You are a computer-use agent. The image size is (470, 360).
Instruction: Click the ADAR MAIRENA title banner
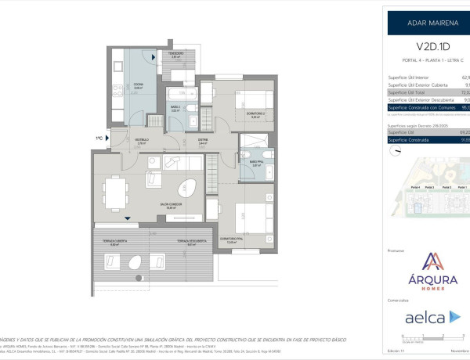click(x=428, y=23)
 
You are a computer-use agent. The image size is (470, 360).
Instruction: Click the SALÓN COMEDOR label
click(x=171, y=207)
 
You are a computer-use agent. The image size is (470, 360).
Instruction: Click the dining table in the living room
click(x=116, y=189)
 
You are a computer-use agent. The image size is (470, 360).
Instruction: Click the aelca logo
click(x=428, y=317)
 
